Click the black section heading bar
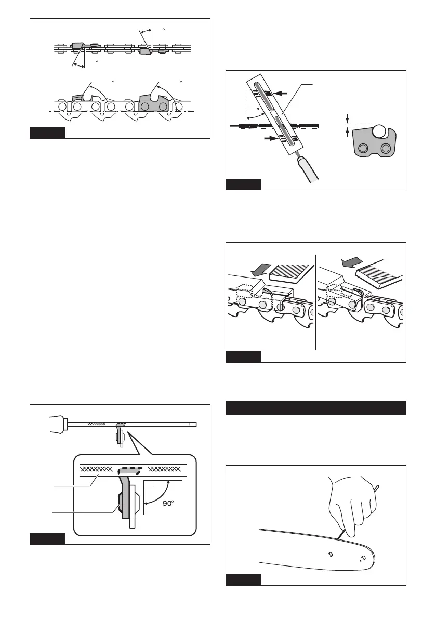point(315,407)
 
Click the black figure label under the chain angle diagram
point(47,133)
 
